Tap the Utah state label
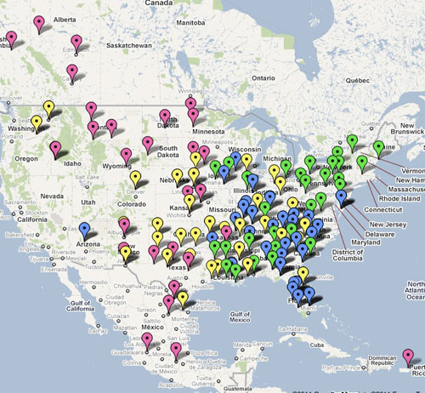tap(88, 202)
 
